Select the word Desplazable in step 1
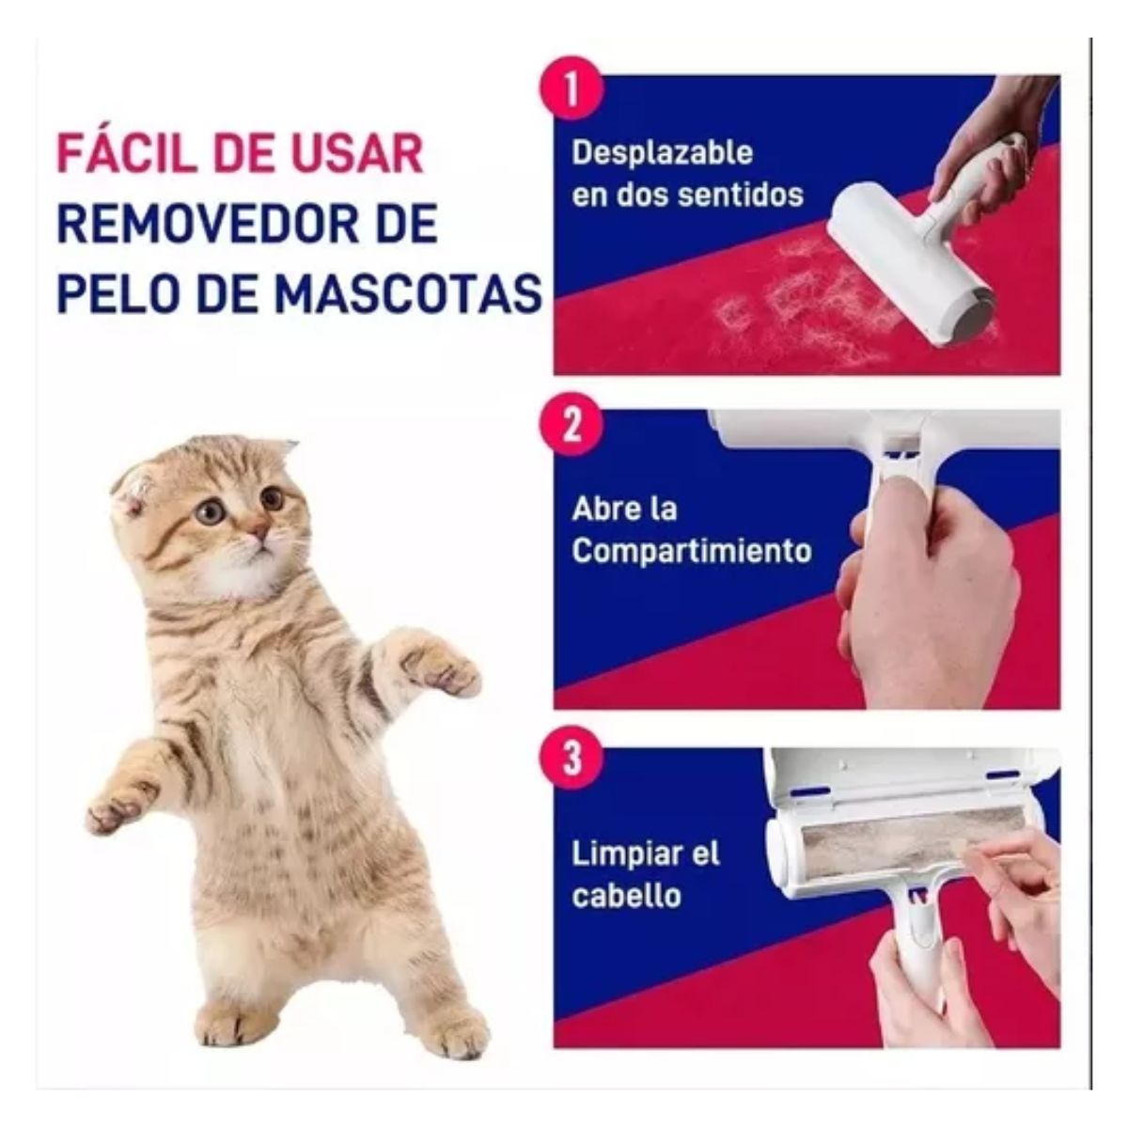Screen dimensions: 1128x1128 tap(662, 152)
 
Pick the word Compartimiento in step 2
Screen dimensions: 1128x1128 tap(691, 550)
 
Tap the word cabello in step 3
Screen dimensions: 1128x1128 tap(626, 895)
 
